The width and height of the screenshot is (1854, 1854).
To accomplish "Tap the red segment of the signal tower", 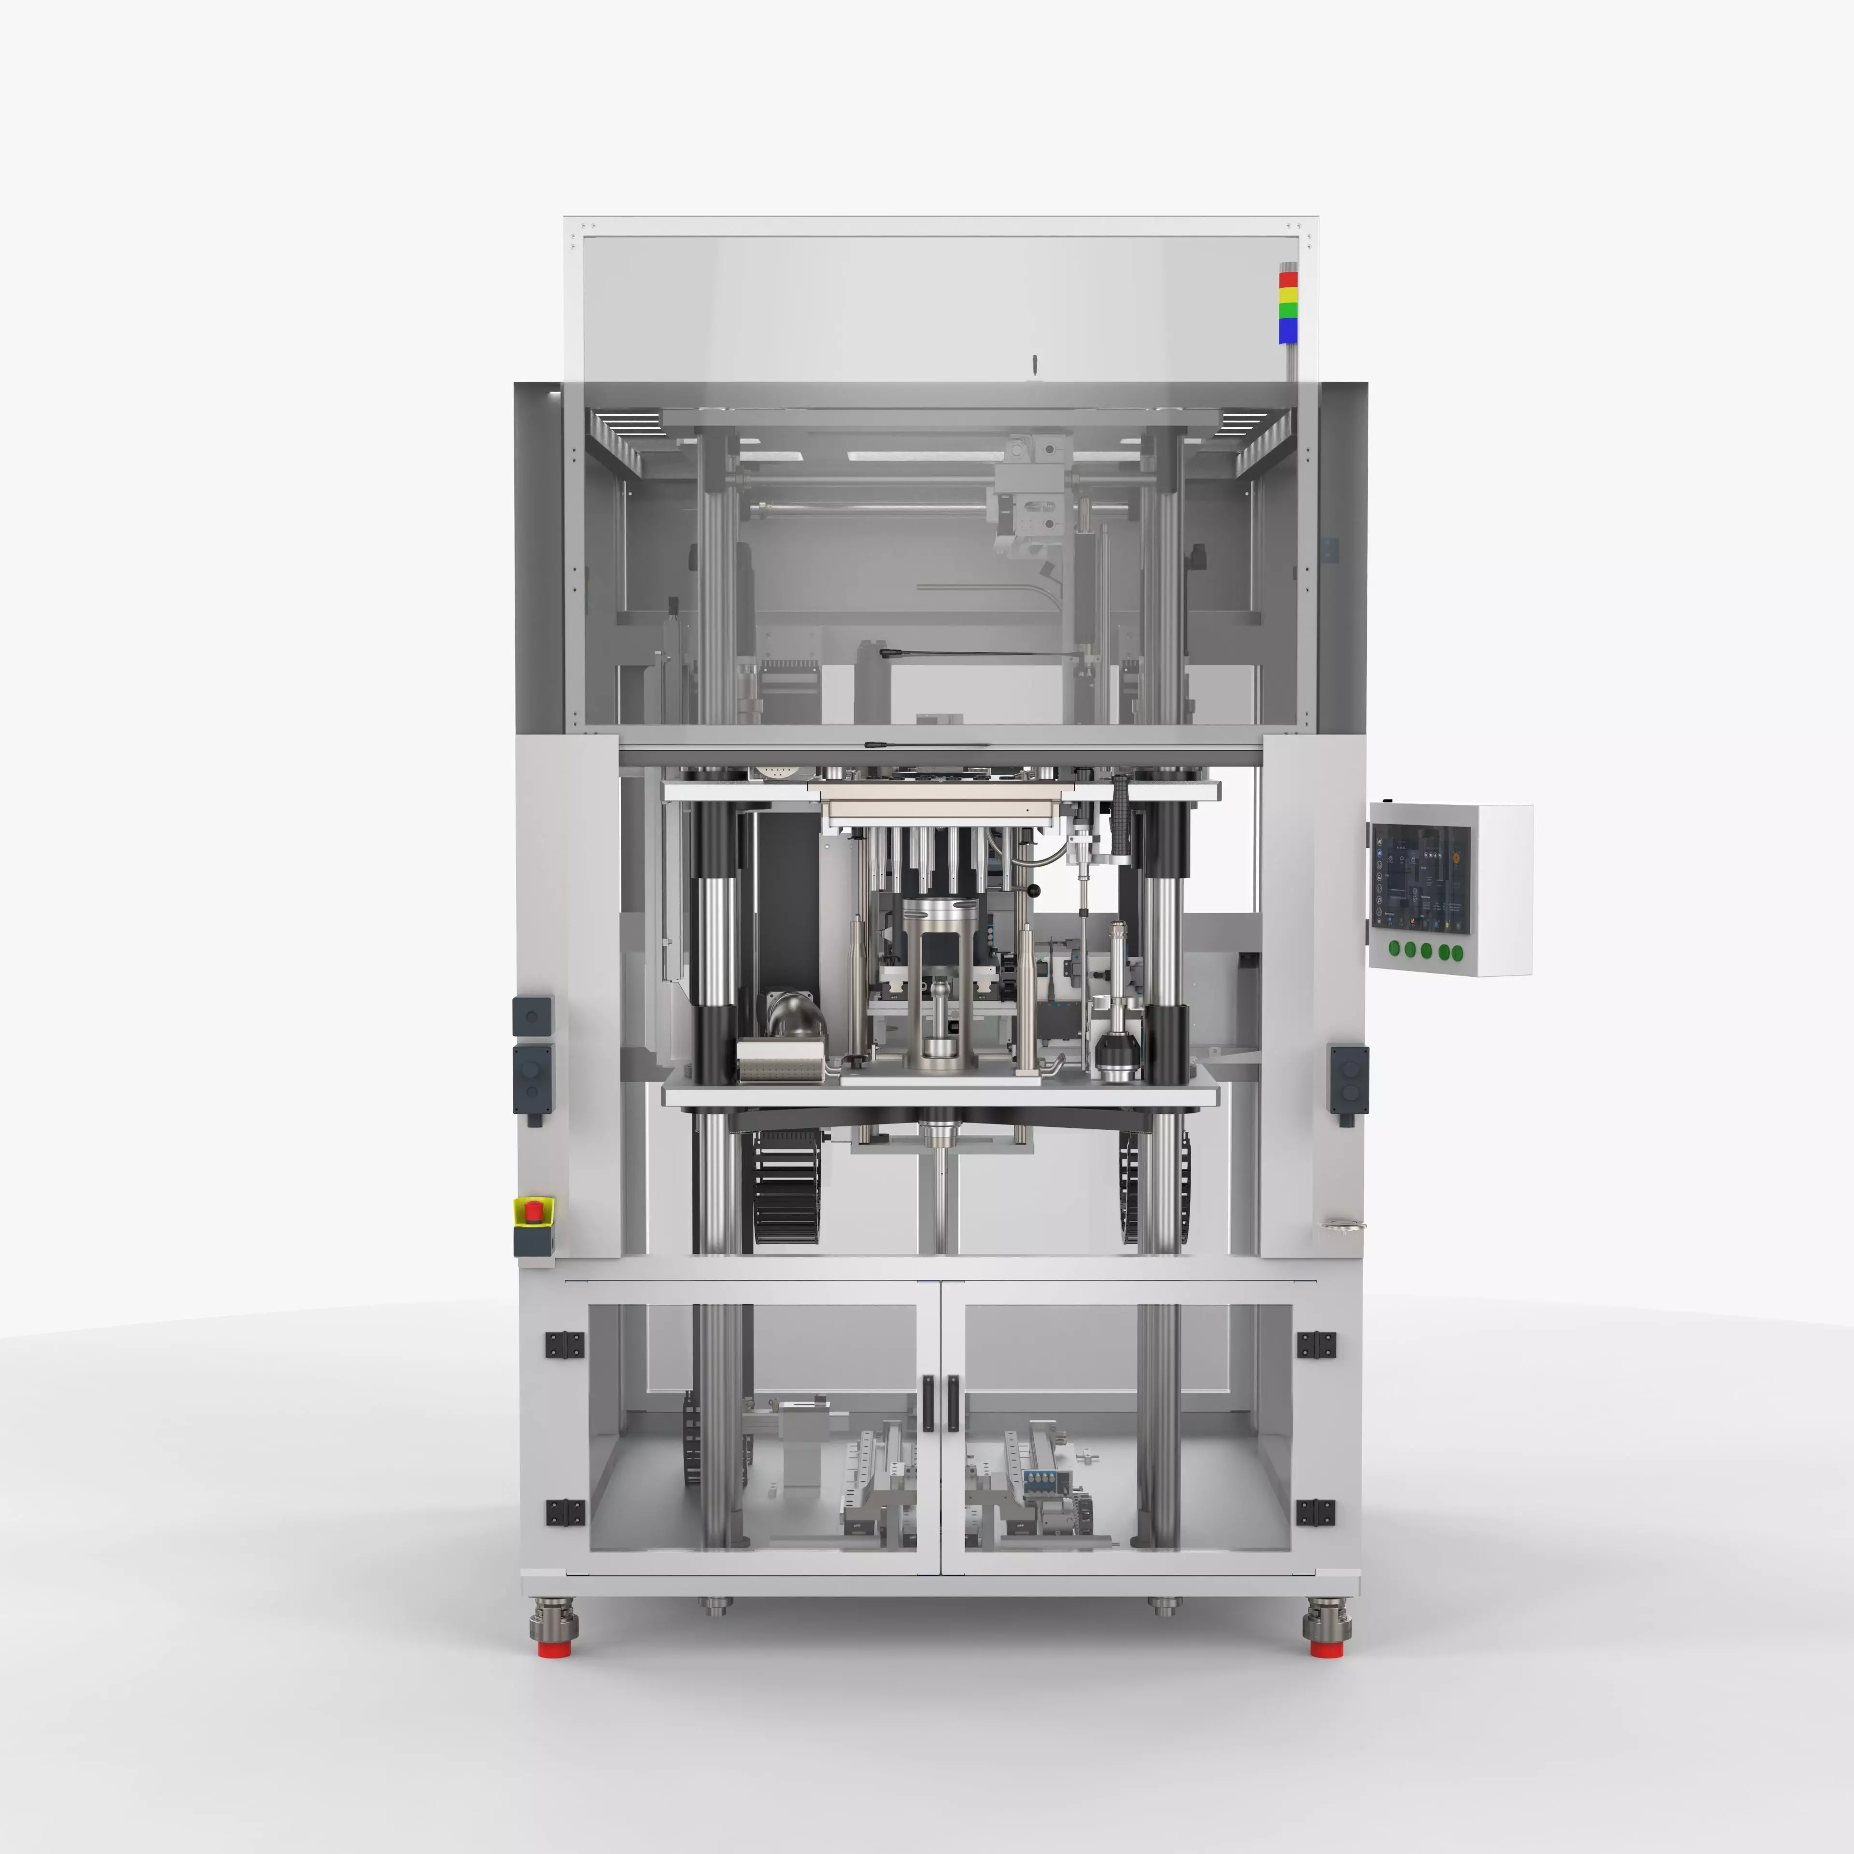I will coord(1288,279).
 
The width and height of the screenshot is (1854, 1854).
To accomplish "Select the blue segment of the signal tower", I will coord(1288,330).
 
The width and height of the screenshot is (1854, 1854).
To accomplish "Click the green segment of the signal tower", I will coord(1288,311).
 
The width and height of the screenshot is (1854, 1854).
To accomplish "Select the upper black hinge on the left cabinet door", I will coord(564,1345).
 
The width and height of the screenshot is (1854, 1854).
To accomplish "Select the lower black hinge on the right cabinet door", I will coord(1315,1512).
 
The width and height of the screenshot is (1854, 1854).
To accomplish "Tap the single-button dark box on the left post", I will coord(533,1016).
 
